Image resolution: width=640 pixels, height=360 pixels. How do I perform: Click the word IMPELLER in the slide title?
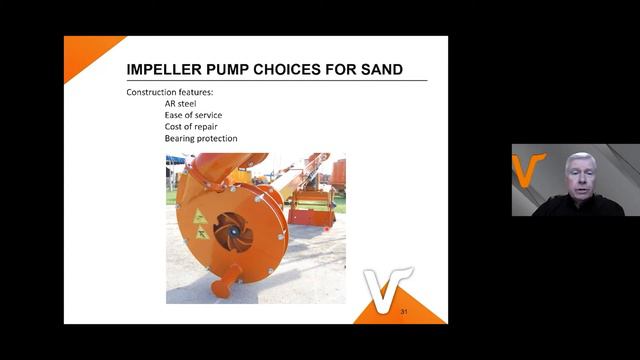tap(167, 69)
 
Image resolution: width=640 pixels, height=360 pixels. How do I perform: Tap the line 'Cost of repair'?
tap(191, 127)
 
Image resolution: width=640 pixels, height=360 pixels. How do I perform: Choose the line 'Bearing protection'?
tap(201, 139)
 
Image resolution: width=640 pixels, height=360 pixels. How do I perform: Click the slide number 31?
tap(404, 314)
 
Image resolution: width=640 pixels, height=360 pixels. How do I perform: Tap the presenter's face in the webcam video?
tap(579, 176)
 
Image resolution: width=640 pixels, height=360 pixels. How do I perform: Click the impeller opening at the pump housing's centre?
tap(233, 233)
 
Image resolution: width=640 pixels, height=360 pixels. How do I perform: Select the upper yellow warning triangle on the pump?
tap(199, 217)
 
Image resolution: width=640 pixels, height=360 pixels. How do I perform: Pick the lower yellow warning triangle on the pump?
tap(203, 233)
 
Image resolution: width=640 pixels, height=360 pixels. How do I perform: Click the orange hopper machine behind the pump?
tap(310, 210)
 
